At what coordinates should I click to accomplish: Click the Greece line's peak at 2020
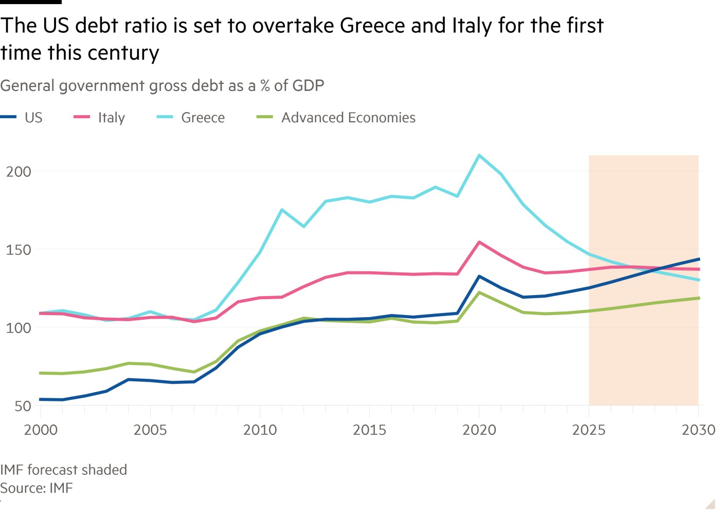tap(479, 155)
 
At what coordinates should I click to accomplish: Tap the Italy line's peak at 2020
tap(479, 242)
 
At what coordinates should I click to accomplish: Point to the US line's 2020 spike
tap(479, 277)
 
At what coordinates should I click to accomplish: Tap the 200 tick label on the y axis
tap(19, 172)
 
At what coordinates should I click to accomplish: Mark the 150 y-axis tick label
tap(19, 250)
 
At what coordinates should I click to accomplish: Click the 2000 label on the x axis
tap(41, 430)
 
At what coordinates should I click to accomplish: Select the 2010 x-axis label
tap(260, 430)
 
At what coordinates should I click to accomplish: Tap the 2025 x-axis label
tap(588, 430)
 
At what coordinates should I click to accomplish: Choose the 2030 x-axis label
tap(698, 430)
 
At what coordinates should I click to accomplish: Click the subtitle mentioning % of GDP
tap(162, 85)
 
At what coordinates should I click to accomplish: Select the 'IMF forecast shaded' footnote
tap(63, 470)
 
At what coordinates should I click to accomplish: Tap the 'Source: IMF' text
tap(37, 488)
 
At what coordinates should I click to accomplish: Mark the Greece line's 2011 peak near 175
tap(282, 210)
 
